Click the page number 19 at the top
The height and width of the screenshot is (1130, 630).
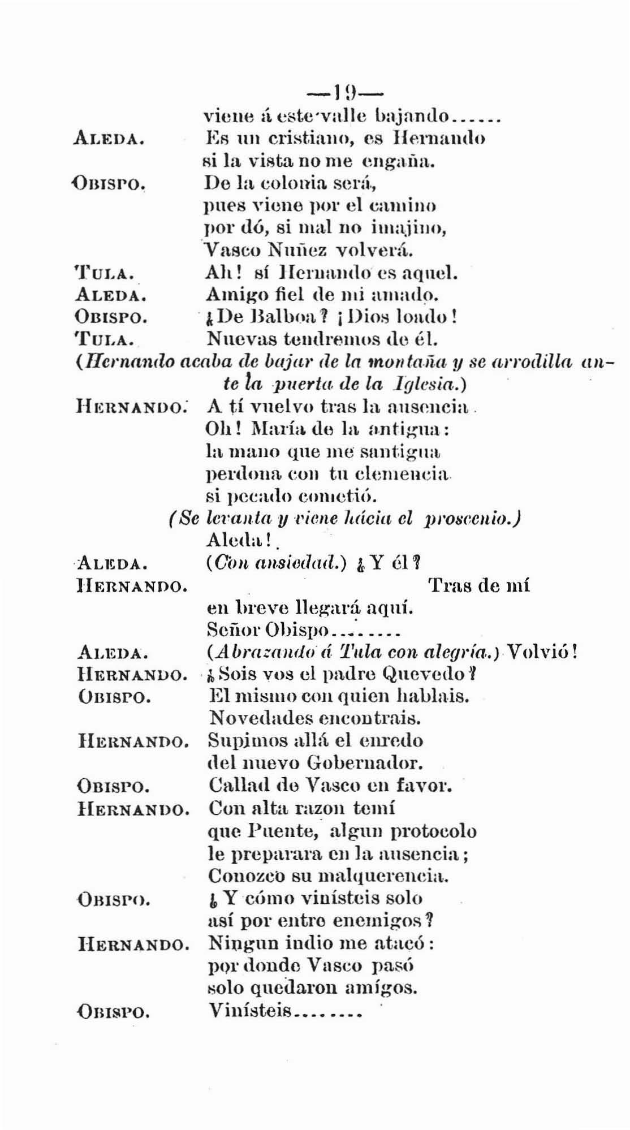pyautogui.click(x=344, y=92)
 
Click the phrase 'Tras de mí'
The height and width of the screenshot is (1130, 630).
pyautogui.click(x=479, y=585)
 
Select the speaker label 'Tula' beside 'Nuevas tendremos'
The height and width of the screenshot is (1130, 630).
pyautogui.click(x=103, y=340)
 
